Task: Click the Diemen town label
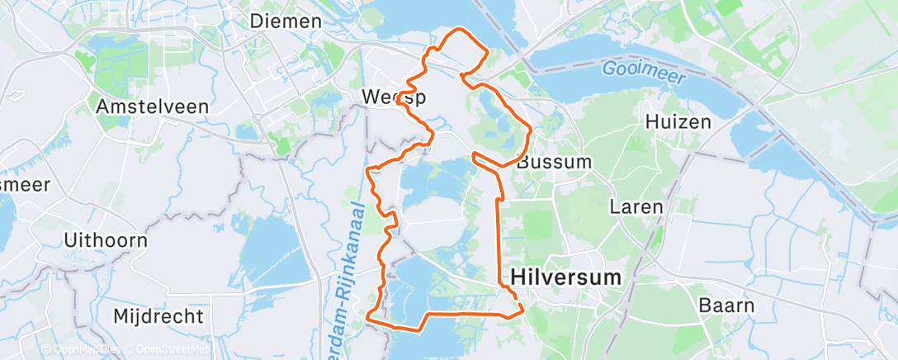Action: (286, 21)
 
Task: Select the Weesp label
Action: (394, 98)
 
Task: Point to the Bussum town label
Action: (555, 162)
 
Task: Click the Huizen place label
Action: (677, 123)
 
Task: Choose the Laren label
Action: (636, 206)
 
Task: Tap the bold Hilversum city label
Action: (566, 277)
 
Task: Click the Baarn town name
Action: (725, 306)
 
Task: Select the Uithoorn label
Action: (106, 241)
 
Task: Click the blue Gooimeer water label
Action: (637, 69)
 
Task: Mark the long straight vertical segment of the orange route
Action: (498, 231)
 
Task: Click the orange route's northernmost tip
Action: (456, 31)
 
